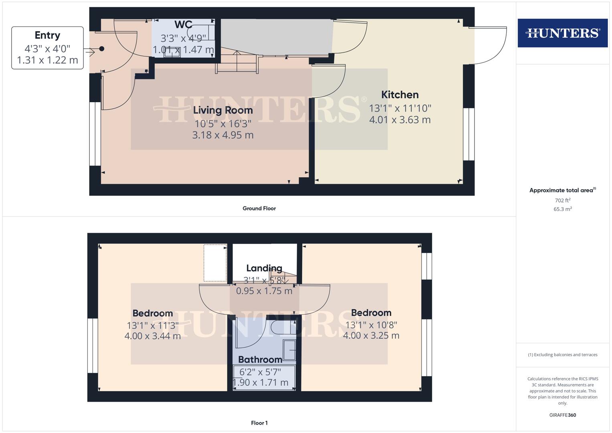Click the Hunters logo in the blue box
pyautogui.click(x=562, y=33)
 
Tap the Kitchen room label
pyautogui.click(x=400, y=95)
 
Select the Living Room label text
pyautogui.click(x=223, y=110)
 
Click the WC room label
pyautogui.click(x=183, y=25)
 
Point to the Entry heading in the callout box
pyautogui.click(x=47, y=35)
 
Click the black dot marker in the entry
pyautogui.click(x=102, y=49)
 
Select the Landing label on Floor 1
pyautogui.click(x=264, y=268)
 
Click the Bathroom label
pyautogui.click(x=260, y=360)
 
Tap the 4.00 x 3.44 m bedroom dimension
pyautogui.click(x=153, y=336)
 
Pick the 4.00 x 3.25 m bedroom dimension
pyautogui.click(x=371, y=336)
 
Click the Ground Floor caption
pyautogui.click(x=259, y=208)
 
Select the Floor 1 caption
pyautogui.click(x=259, y=423)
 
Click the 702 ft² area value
pyautogui.click(x=562, y=200)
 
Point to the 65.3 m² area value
pyautogui.click(x=562, y=209)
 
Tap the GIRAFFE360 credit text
pyautogui.click(x=562, y=415)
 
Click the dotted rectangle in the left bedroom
pyautogui.click(x=215, y=263)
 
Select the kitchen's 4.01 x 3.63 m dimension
pyautogui.click(x=400, y=120)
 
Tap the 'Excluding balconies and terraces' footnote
pyautogui.click(x=562, y=355)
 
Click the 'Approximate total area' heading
pyautogui.click(x=562, y=190)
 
